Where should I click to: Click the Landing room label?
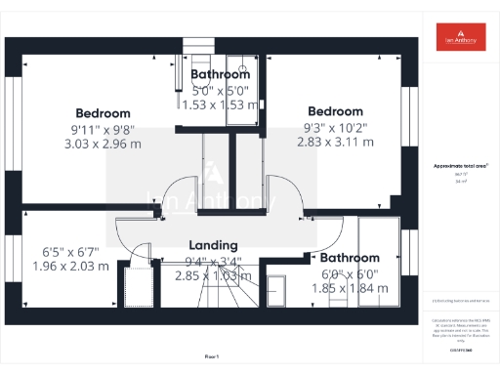point(214,245)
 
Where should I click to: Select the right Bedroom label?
point(335,110)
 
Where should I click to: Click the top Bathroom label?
point(220,74)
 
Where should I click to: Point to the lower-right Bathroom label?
point(351,259)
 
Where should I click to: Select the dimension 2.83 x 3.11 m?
point(335,142)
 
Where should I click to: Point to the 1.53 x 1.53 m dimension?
point(220,104)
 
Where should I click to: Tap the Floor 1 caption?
point(212,357)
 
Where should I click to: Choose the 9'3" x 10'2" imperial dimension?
point(335,126)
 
